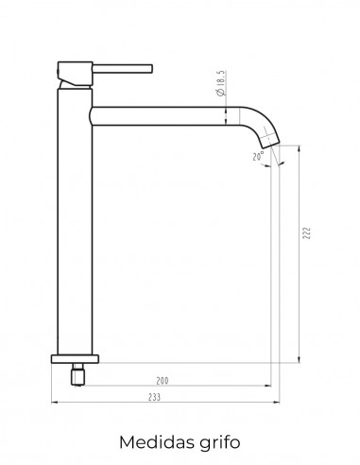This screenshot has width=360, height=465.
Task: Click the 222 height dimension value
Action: click(306, 232)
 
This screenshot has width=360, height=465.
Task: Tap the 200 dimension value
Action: click(163, 381)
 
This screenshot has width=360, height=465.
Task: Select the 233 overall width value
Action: click(154, 397)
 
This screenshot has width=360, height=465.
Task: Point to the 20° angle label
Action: click(258, 156)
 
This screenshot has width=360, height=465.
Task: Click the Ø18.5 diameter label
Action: click(220, 83)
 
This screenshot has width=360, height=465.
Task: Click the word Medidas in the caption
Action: click(157, 442)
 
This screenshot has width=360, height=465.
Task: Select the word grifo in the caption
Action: click(220, 443)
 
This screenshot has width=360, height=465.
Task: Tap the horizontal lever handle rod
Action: click(123, 69)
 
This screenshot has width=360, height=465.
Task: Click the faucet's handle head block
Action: click(75, 73)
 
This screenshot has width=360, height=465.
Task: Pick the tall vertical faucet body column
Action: click(75, 221)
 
